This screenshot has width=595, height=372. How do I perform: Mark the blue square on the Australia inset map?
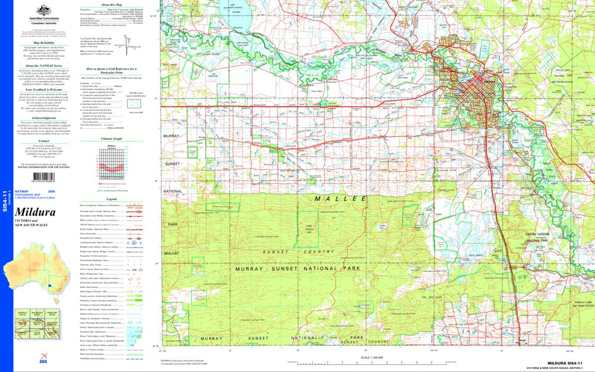click(x=50, y=286)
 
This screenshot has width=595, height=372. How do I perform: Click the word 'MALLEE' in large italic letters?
click(x=340, y=198)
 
